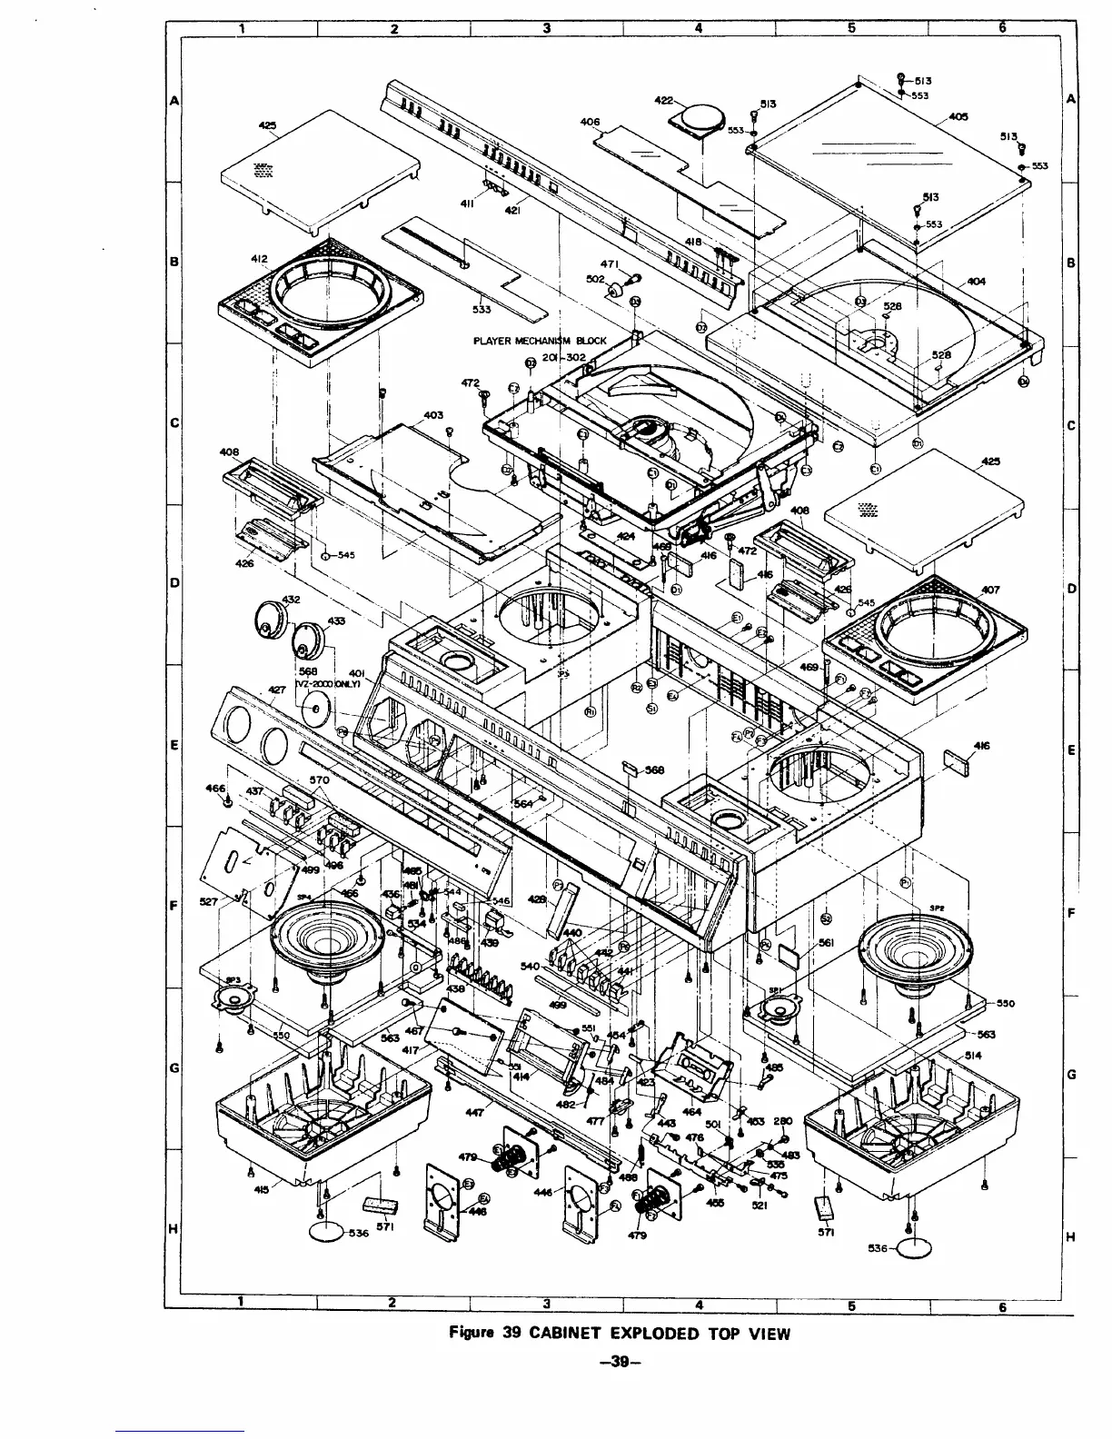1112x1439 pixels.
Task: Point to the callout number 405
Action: (x=958, y=116)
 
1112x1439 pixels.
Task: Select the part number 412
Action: (x=259, y=259)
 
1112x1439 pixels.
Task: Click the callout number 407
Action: (x=989, y=590)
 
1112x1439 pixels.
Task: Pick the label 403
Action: (x=433, y=415)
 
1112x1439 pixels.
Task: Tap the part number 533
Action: (x=482, y=309)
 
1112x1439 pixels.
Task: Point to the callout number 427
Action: (x=278, y=690)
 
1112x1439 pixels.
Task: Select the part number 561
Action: (x=826, y=943)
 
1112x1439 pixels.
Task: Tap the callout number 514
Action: (x=973, y=1056)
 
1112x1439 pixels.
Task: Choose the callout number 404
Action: (x=977, y=282)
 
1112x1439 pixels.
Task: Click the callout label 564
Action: (x=523, y=803)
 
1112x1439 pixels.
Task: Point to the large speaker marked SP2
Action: (x=916, y=958)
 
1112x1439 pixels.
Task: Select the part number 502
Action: (x=595, y=280)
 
